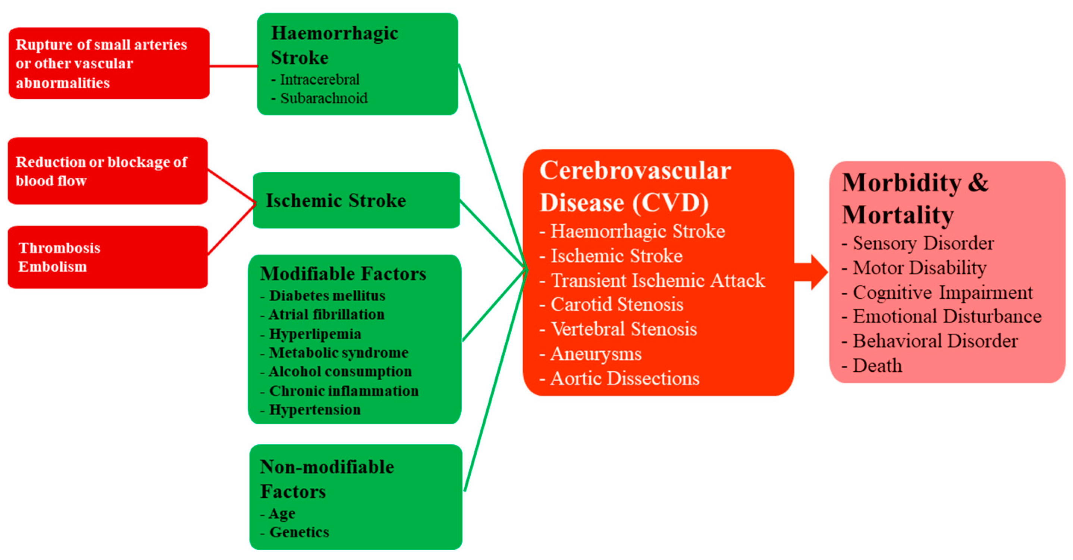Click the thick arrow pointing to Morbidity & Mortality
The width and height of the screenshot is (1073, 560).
pos(810,272)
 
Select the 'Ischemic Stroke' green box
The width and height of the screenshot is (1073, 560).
pos(356,200)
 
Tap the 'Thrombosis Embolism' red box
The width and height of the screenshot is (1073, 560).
pos(107,257)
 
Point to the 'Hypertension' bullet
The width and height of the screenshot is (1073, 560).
pos(315,410)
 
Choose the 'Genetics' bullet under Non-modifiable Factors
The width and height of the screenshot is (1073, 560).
pos(299,532)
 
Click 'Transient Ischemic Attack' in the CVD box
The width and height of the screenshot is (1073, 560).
pos(658,280)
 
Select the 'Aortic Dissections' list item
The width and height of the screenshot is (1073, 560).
pos(625,378)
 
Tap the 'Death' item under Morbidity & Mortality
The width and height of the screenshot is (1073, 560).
pos(877,365)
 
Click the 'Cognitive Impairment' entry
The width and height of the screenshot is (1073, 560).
pos(942,292)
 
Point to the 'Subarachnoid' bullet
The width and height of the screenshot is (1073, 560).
pos(324,98)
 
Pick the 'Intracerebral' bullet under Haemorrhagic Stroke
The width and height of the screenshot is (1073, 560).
pos(320,79)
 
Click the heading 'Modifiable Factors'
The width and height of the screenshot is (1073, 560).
pos(343,274)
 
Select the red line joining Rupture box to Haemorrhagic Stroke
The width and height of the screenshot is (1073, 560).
pos(233,66)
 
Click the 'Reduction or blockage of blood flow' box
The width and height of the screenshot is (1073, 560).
pos(107,171)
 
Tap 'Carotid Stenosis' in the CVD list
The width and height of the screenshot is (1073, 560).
pos(617,304)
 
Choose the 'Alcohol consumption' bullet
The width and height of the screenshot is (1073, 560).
pos(340,371)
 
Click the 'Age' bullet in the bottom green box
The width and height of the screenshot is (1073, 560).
pos(282,513)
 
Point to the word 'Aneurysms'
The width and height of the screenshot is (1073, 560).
pos(596,354)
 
